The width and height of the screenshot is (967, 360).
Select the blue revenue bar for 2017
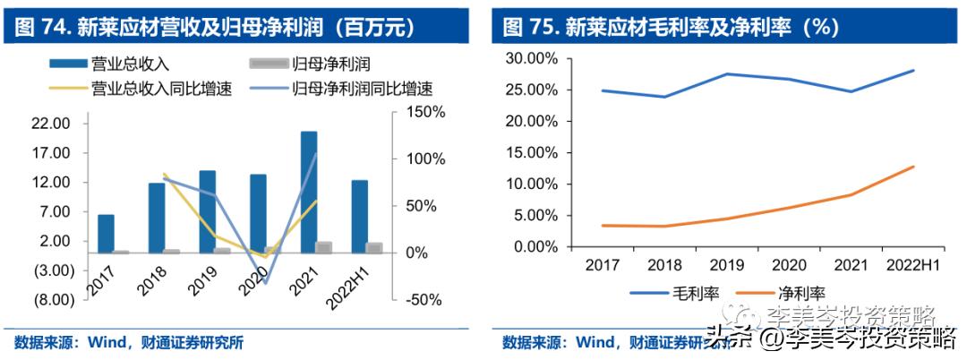pyautogui.click(x=106, y=234)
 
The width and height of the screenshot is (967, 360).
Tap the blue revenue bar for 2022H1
pyautogui.click(x=359, y=216)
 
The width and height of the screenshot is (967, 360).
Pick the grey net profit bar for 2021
pyautogui.click(x=324, y=247)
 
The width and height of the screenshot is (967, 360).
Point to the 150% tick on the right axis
pyautogui.click(x=415, y=112)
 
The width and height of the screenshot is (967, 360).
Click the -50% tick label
pyautogui.click(x=415, y=299)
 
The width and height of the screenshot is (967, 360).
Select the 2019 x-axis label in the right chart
pyautogui.click(x=726, y=266)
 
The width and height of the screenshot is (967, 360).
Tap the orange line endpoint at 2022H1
pyautogui.click(x=914, y=167)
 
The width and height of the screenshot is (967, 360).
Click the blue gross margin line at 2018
pyautogui.click(x=663, y=97)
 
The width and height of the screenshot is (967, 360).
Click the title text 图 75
pyautogui.click(x=532, y=27)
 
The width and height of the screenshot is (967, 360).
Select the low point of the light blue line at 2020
pyautogui.click(x=266, y=284)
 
